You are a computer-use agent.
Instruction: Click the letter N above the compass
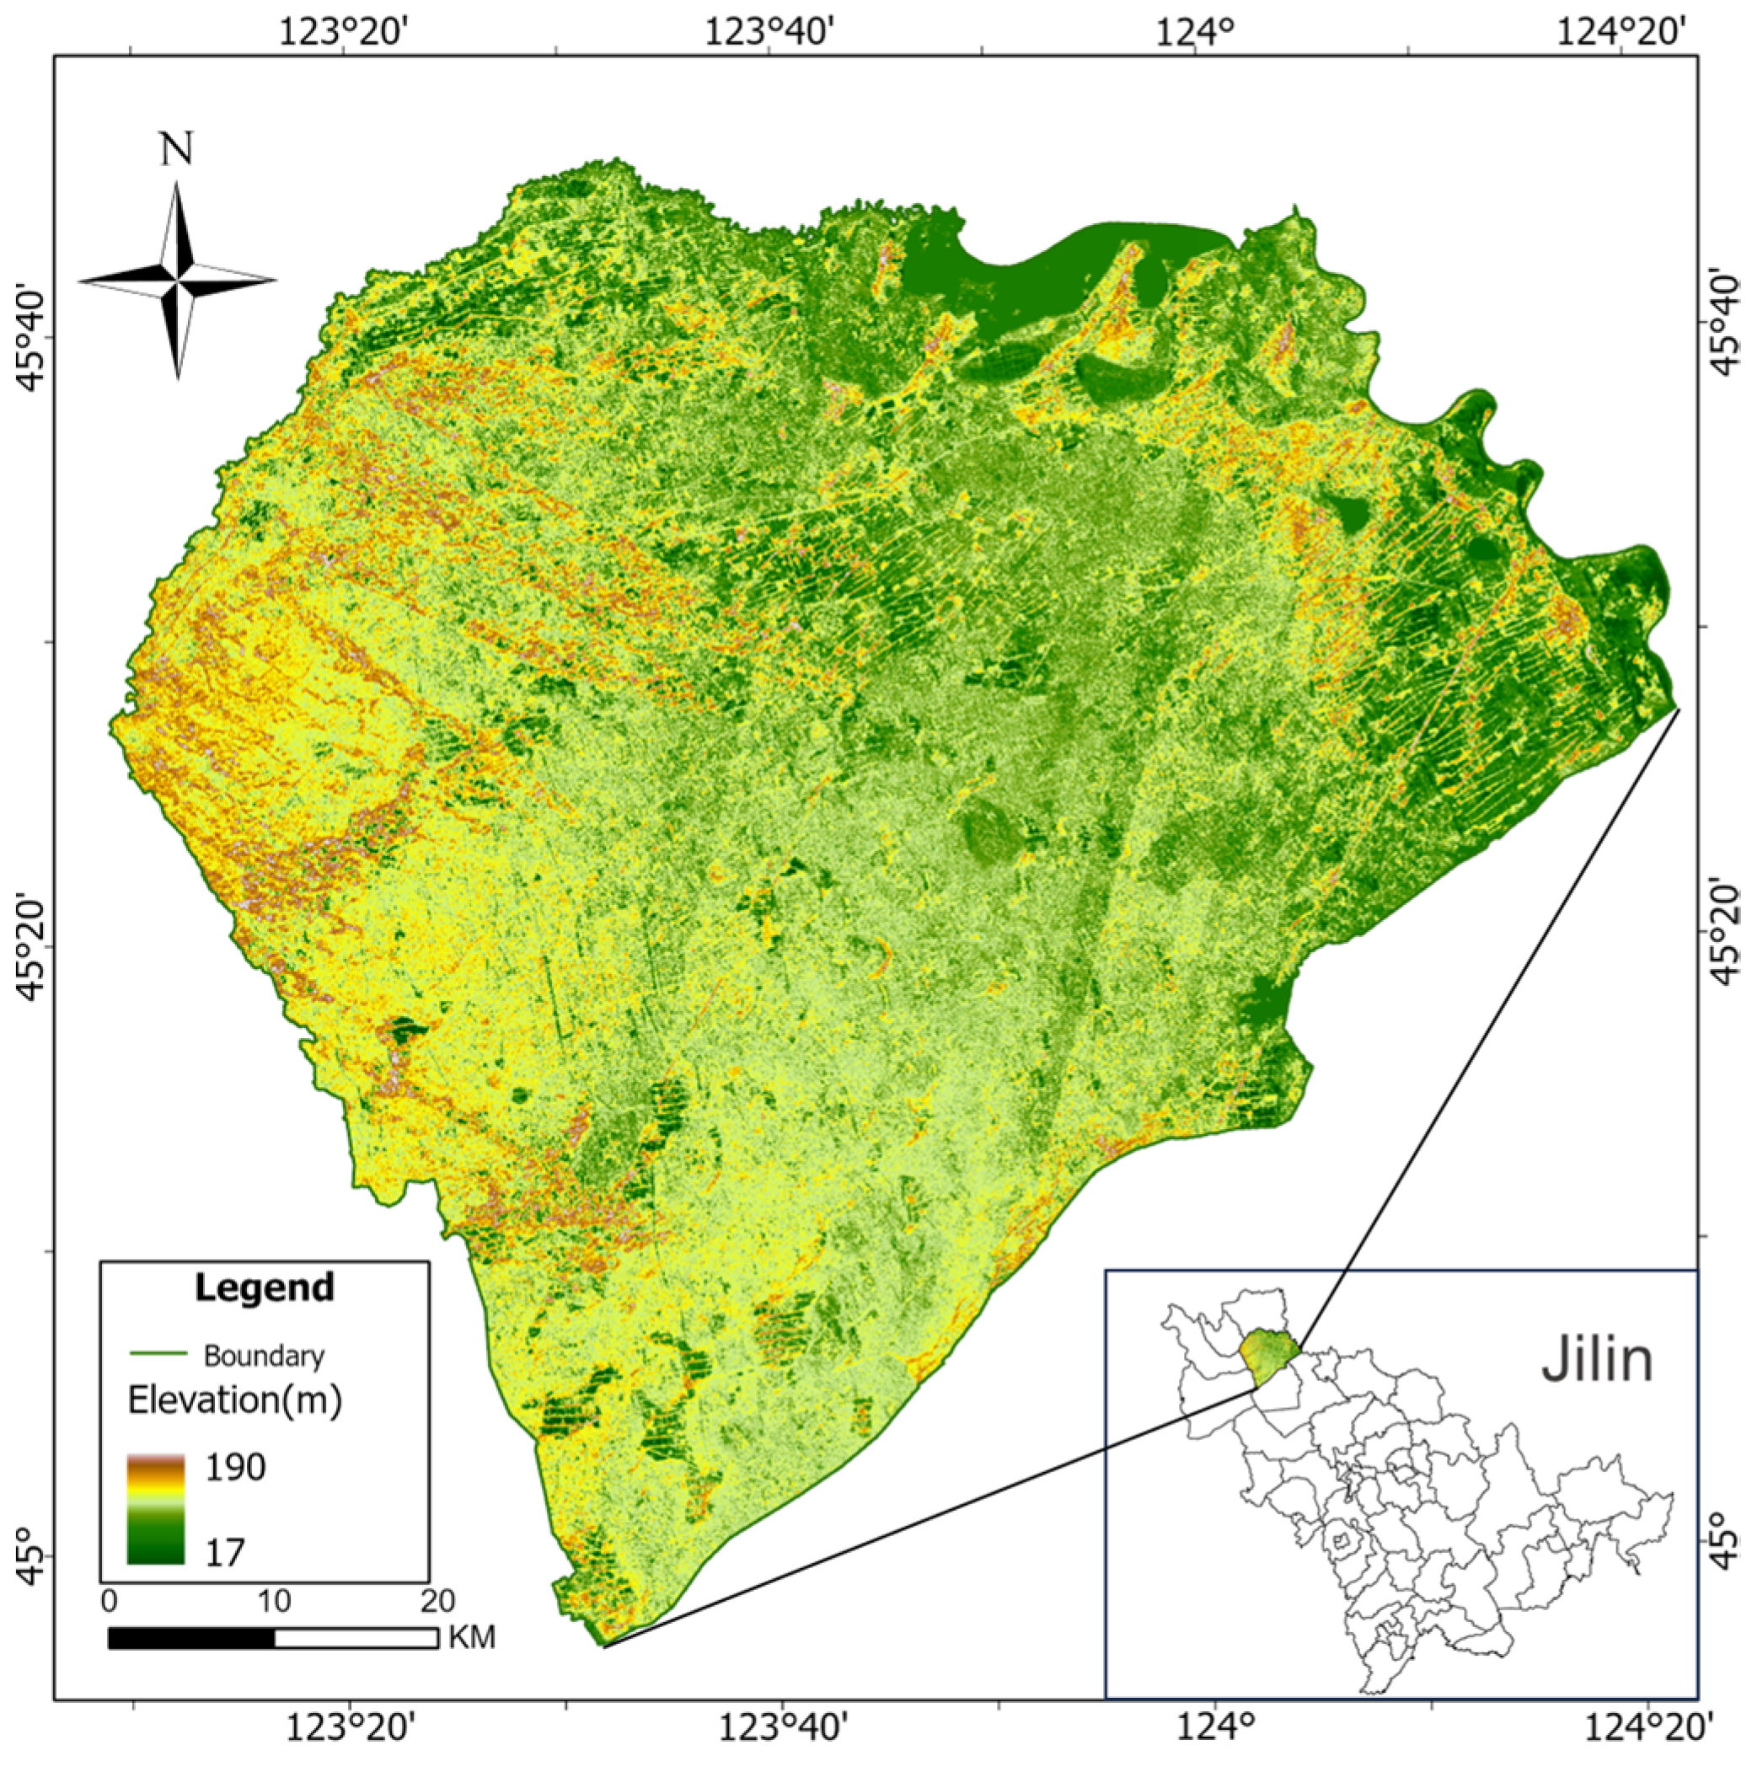coord(177,149)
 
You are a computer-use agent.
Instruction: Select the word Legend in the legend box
coord(265,1288)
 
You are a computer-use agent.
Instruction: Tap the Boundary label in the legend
coord(264,1356)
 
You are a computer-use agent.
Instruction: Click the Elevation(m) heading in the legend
coord(235,1400)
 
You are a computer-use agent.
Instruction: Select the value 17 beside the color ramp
coord(225,1552)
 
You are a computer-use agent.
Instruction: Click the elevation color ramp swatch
coord(156,1509)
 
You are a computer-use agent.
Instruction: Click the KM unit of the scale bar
coord(473,1637)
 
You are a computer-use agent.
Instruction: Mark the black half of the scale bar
coord(190,1638)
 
